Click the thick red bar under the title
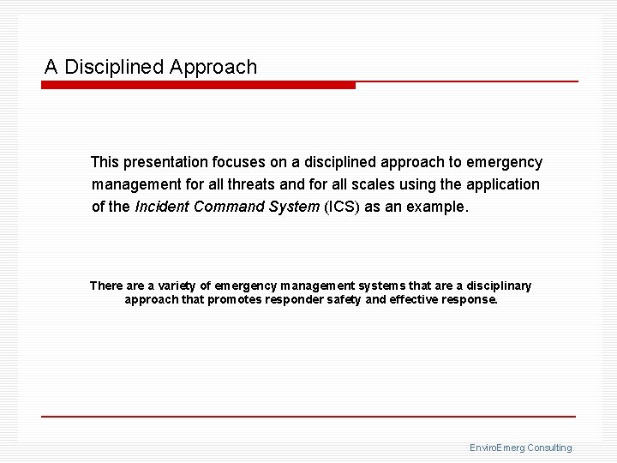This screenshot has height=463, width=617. tap(198, 86)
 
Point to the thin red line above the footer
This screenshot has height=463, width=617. tap(308, 417)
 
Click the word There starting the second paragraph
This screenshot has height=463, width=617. tap(106, 286)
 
